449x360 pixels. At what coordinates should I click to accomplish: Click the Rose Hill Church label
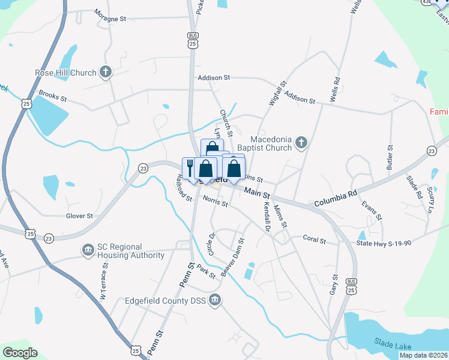coord(65,73)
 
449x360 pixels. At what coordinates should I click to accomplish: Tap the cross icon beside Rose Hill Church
coord(106,73)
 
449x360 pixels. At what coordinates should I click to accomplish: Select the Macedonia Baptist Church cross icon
coord(301,143)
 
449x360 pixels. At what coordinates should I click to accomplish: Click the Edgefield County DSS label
coord(166,301)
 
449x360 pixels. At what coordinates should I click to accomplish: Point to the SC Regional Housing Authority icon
coord(88,248)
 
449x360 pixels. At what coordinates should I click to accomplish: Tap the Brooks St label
coord(52,95)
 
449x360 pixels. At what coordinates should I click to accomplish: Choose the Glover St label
coord(80,216)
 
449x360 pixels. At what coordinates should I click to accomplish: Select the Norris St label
coord(215,202)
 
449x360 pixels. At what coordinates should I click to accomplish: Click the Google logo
coord(20,353)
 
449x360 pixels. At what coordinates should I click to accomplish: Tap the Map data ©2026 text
coord(423,355)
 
